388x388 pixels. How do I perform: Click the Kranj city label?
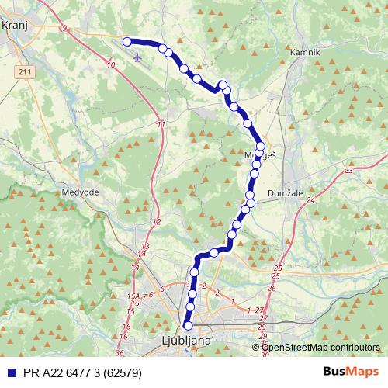(x=16, y=25)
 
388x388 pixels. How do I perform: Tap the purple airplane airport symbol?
(x=138, y=56)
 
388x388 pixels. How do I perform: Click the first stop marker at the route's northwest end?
(x=127, y=42)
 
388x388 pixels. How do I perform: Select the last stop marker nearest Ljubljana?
(x=187, y=326)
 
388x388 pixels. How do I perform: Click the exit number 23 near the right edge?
(x=349, y=169)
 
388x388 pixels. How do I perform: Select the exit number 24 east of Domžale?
(x=311, y=199)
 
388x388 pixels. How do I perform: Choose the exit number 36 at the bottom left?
(x=119, y=353)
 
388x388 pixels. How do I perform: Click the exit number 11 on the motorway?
(x=161, y=124)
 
